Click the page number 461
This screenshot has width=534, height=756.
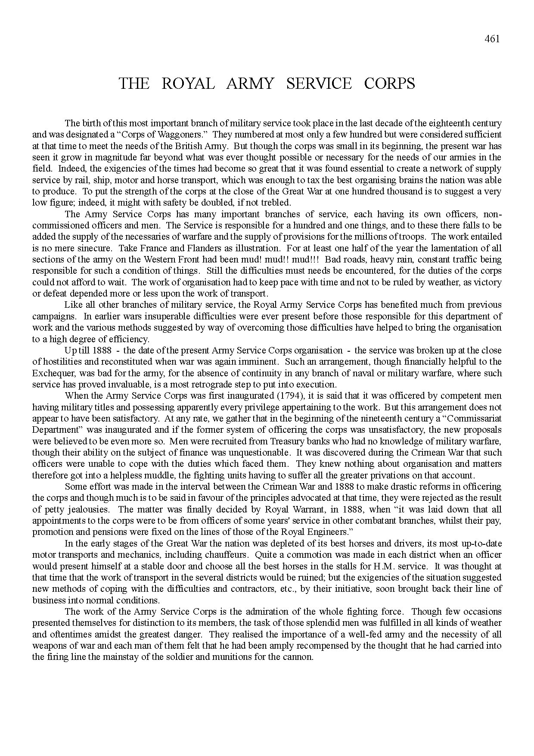click(x=492, y=39)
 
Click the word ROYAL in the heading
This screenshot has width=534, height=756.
click(x=188, y=84)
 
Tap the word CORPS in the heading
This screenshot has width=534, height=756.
click(x=389, y=84)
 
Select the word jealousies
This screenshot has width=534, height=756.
click(x=86, y=509)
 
